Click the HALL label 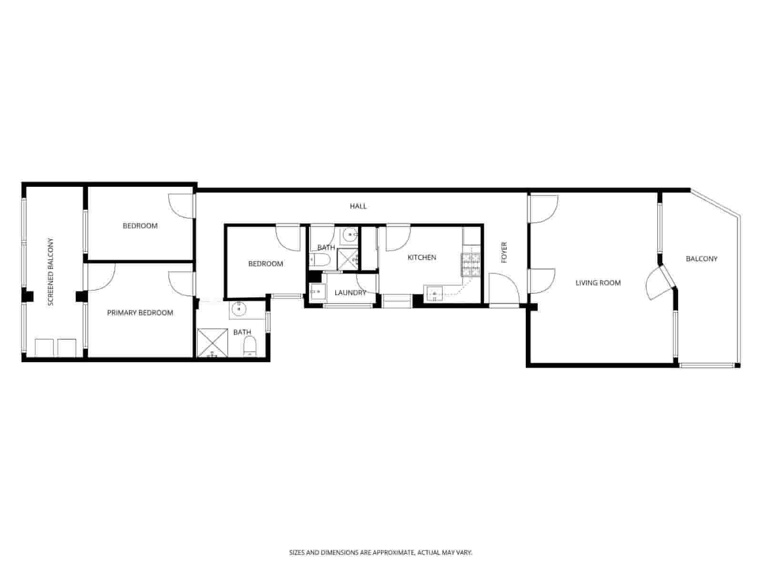(x=358, y=206)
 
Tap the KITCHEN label (x=421, y=257)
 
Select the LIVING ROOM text (x=598, y=283)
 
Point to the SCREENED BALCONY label (x=51, y=272)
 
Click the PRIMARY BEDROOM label (x=140, y=313)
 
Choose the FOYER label (x=504, y=252)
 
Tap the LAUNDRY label (x=350, y=293)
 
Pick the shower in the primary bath (x=212, y=342)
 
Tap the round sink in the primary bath (x=238, y=310)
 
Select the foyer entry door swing (x=504, y=288)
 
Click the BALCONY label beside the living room (x=701, y=259)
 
